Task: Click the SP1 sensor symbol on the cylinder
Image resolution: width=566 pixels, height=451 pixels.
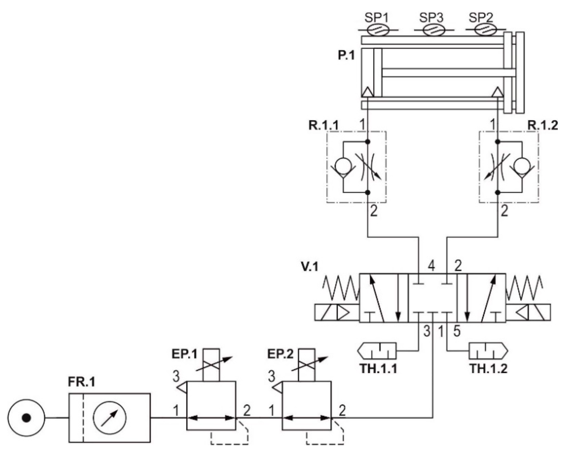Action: coord(378,30)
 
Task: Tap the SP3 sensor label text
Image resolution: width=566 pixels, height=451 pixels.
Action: coord(431,18)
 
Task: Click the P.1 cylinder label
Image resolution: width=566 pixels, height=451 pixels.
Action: coord(346,56)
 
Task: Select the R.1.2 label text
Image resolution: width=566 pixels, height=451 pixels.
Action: coord(543,126)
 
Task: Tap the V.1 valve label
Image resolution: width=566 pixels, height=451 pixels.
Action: coord(310,267)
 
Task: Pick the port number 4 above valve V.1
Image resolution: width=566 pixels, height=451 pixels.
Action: coord(431,266)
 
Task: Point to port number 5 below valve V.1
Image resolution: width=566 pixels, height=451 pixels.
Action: coord(457,331)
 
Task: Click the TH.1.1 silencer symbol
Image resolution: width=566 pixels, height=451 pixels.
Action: coord(377,351)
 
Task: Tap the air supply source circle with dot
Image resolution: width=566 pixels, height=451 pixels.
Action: coord(26,418)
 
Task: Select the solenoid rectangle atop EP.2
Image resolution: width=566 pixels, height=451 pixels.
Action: coord(306,365)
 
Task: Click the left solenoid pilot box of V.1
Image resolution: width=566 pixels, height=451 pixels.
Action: coord(337,313)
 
